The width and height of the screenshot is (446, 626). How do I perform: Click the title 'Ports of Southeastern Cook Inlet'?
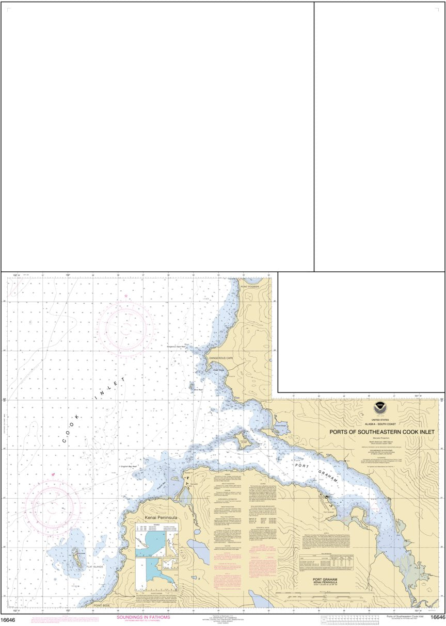(382, 432)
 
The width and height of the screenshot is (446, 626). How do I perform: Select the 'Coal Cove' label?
(218, 370)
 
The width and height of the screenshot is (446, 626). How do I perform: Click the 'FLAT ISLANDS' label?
(95, 567)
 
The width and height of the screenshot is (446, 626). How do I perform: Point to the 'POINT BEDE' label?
(102, 605)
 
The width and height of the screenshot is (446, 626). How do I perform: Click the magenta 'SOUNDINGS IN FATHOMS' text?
(143, 617)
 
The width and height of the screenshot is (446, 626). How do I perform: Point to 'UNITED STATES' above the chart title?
(382, 421)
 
